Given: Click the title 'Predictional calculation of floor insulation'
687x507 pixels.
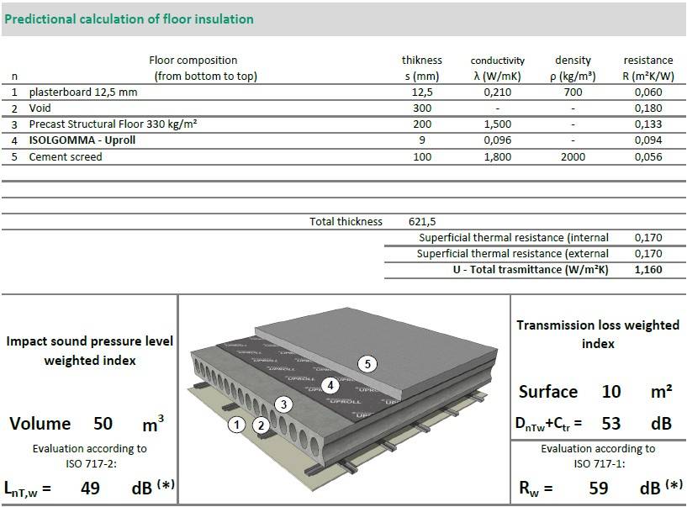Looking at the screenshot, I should tap(129, 18).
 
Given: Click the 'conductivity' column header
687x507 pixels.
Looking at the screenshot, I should tap(497, 61).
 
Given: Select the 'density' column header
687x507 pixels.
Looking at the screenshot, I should tap(573, 61).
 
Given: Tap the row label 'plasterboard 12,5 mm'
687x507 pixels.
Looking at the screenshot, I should tap(83, 92).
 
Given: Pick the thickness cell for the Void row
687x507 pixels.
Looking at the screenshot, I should tap(422, 108).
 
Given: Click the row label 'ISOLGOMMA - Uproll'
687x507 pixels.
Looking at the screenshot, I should tap(82, 140).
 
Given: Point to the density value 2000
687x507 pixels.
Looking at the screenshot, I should tap(573, 157).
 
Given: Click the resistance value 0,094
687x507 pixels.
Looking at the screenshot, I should tap(648, 140).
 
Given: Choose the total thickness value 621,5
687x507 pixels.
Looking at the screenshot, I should tap(422, 222).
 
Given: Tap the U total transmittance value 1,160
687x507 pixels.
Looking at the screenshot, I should tap(648, 270).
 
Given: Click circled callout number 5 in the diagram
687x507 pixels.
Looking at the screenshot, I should tap(367, 364).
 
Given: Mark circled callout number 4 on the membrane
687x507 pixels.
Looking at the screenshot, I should tap(331, 386).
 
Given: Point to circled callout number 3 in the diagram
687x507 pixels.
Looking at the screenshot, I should tap(284, 404).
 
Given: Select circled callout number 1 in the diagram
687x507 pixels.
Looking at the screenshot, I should tap(238, 425).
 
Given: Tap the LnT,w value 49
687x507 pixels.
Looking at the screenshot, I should tap(91, 487).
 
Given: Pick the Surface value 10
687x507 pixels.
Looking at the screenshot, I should tap(611, 392).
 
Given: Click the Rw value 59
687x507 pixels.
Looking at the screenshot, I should tap(598, 487).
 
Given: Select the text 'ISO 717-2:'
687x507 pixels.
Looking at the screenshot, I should tap(90, 462).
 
